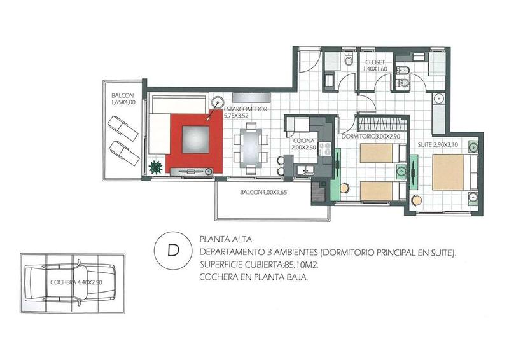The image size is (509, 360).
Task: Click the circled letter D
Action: click(173, 251)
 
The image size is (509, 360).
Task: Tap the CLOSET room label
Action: click(375, 62)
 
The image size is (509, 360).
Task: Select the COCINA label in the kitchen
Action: click(303, 141)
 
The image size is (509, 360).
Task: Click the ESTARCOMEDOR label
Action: click(246, 109)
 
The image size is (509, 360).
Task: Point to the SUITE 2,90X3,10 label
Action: click(438, 145)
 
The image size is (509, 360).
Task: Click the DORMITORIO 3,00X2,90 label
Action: click(370, 137)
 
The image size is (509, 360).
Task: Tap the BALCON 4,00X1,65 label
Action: click(263, 192)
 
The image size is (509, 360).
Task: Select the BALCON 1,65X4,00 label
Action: click(123, 99)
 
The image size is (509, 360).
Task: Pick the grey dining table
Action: click(251, 148)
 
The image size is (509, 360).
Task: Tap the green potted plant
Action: click(155, 167)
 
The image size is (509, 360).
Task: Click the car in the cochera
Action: click(70, 284)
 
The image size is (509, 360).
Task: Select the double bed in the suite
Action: click(454, 172)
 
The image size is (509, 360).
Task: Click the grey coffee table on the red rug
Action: click(195, 139)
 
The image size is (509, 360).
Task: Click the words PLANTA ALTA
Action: click(226, 240)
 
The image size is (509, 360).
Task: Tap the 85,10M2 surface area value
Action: click(301, 265)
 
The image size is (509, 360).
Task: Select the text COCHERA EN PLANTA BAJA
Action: click(253, 277)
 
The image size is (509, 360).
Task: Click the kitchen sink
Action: click(304, 170)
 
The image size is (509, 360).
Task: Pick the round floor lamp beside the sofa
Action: click(216, 102)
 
